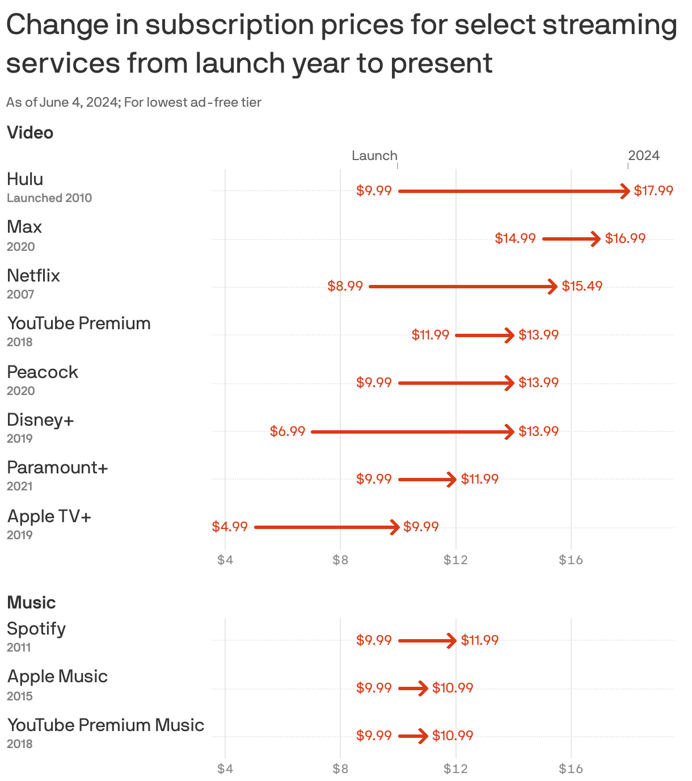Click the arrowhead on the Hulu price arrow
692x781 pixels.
coord(625,191)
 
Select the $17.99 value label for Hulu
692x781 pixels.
coord(653,191)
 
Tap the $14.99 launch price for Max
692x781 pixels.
coord(515,238)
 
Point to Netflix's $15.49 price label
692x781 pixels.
coord(582,286)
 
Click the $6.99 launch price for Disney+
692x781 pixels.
coord(288,431)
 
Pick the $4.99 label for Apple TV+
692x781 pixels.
coord(230,527)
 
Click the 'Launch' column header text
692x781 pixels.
coord(374,156)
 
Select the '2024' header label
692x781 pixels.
coord(644,156)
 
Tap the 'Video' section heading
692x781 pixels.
coord(30,133)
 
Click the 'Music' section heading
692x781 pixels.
coord(31,603)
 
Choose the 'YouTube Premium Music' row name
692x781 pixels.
coord(106,725)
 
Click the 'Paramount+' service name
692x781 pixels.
coord(57,468)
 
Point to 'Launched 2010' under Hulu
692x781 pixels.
coord(49,198)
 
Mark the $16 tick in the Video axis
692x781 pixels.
coord(571,561)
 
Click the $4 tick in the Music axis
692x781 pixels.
coord(225,769)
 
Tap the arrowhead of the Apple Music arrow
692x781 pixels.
coord(423,688)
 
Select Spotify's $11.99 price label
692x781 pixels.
coord(479,640)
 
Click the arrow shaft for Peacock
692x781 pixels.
coord(454,384)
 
